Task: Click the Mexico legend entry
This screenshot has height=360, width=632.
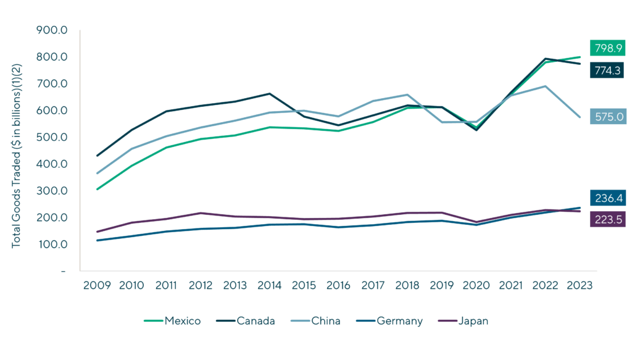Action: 172,321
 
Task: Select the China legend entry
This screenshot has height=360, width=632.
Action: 318,321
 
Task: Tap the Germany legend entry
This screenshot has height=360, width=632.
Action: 391,321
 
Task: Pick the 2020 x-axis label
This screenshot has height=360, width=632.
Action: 476,286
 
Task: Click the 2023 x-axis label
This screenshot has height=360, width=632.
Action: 580,286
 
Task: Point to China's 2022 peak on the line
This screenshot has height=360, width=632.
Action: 545,86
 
